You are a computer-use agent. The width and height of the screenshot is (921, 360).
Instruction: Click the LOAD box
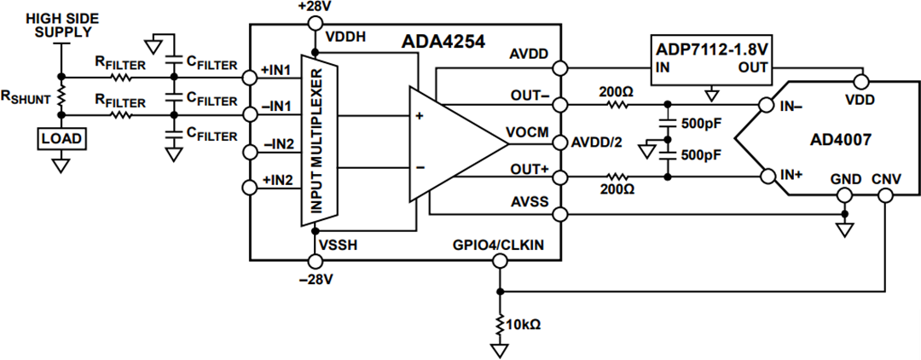[x=61, y=137]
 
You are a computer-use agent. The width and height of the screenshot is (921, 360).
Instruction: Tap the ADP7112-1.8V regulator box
[x=711, y=61]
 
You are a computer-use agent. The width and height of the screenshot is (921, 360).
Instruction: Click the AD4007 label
[x=840, y=140]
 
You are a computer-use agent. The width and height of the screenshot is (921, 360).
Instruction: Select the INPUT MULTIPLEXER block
[x=315, y=140]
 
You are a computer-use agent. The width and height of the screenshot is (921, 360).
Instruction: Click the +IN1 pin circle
[x=250, y=77]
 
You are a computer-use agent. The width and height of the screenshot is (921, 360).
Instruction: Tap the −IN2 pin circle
[x=250, y=152]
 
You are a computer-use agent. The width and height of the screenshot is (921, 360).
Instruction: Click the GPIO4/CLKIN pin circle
[x=498, y=259]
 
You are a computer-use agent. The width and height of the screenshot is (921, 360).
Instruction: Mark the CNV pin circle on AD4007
[x=885, y=196]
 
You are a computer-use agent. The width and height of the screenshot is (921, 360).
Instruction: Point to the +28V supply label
[x=316, y=7]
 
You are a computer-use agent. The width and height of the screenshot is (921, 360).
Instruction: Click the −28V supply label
[x=316, y=279]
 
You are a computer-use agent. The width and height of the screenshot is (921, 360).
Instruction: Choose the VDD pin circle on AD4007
[x=862, y=83]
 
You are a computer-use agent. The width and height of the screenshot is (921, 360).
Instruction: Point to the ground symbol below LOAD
[x=61, y=164]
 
